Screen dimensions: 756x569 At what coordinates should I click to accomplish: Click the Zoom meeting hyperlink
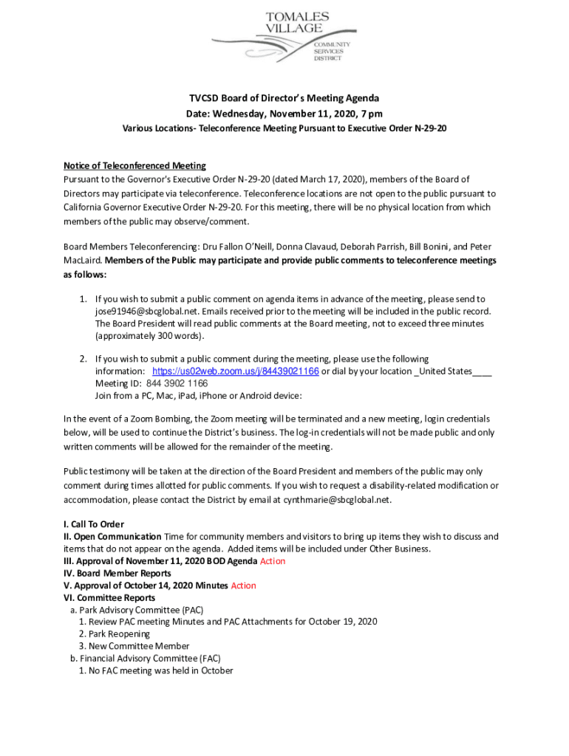235,371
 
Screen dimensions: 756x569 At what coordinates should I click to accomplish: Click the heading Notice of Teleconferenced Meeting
134,165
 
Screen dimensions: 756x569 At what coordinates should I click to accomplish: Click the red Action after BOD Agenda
272,561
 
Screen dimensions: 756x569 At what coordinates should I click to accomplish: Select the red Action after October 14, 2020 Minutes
243,585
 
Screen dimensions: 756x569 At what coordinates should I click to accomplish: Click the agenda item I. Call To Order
93,524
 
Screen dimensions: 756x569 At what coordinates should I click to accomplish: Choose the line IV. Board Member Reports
117,573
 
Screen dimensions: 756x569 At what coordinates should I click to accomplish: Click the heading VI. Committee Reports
109,598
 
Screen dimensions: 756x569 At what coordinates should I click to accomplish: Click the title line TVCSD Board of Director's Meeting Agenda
284,98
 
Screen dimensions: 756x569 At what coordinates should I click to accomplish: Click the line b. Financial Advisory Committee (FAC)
145,659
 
